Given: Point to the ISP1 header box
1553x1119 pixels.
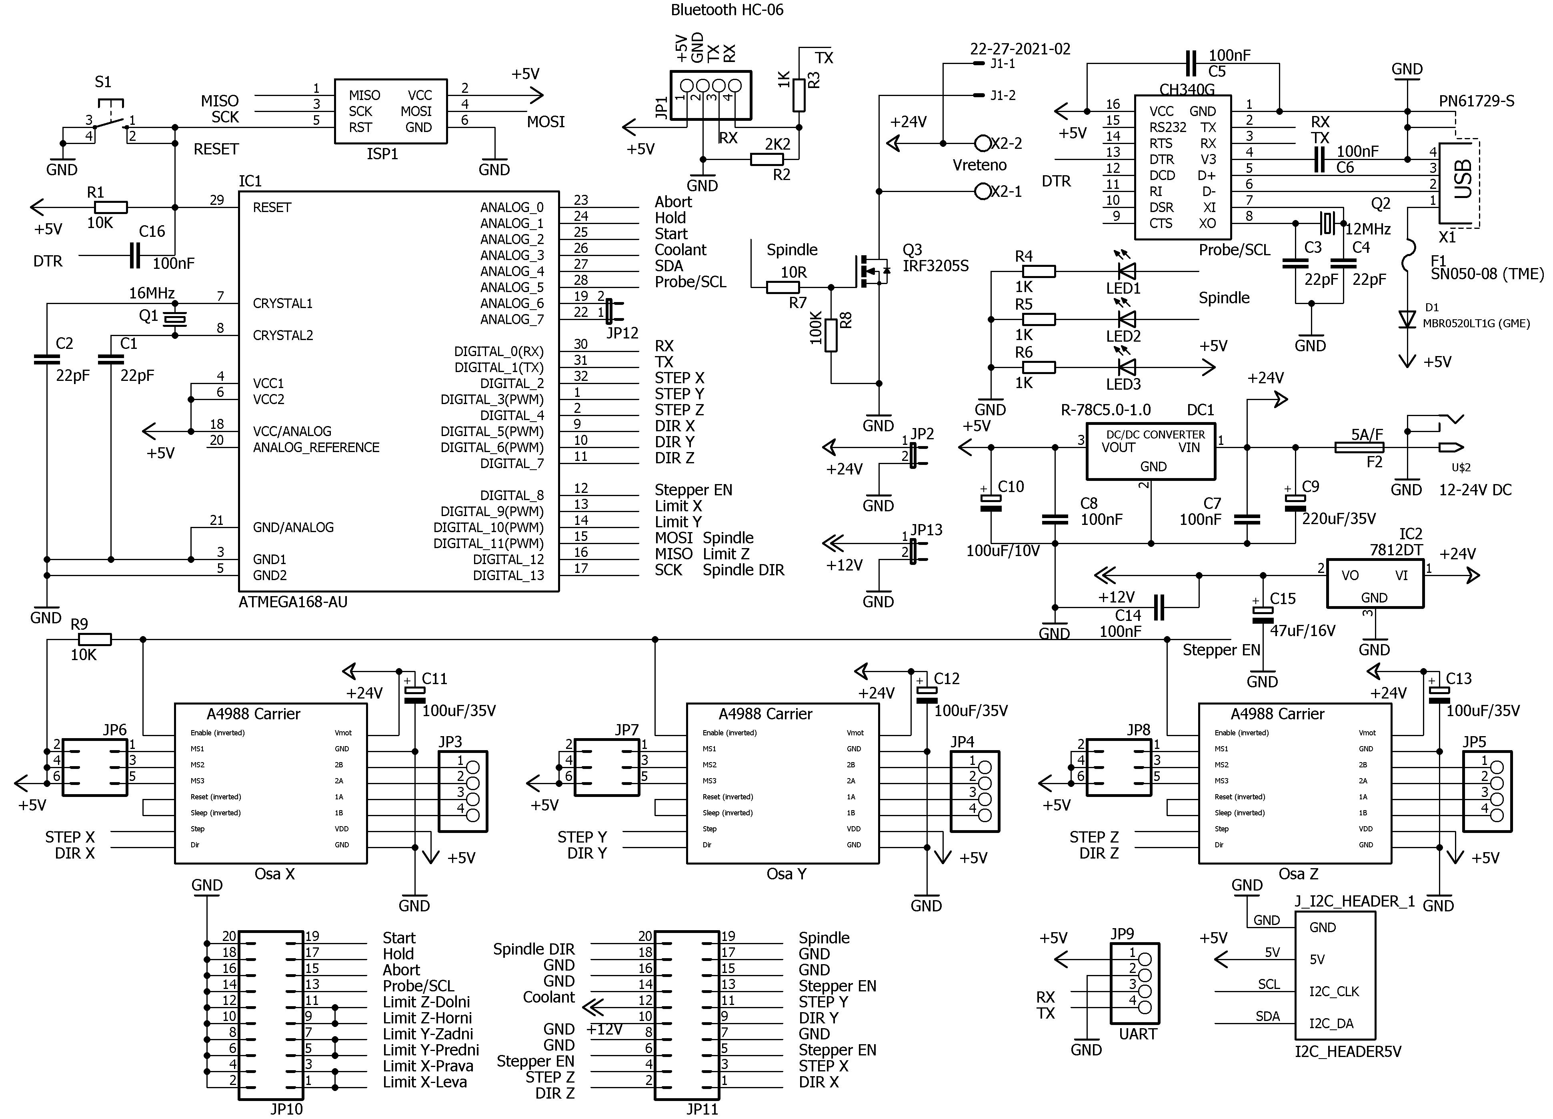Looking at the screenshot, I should (x=390, y=111).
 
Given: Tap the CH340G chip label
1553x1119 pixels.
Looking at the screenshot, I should (x=1187, y=90).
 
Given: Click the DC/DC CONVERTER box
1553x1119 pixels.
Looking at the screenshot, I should (x=1151, y=450).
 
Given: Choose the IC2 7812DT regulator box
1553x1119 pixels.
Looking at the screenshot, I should (x=1374, y=583).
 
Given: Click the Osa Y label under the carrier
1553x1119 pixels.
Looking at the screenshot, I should (x=786, y=874).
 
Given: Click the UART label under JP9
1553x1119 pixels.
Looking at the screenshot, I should (x=1137, y=1034).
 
